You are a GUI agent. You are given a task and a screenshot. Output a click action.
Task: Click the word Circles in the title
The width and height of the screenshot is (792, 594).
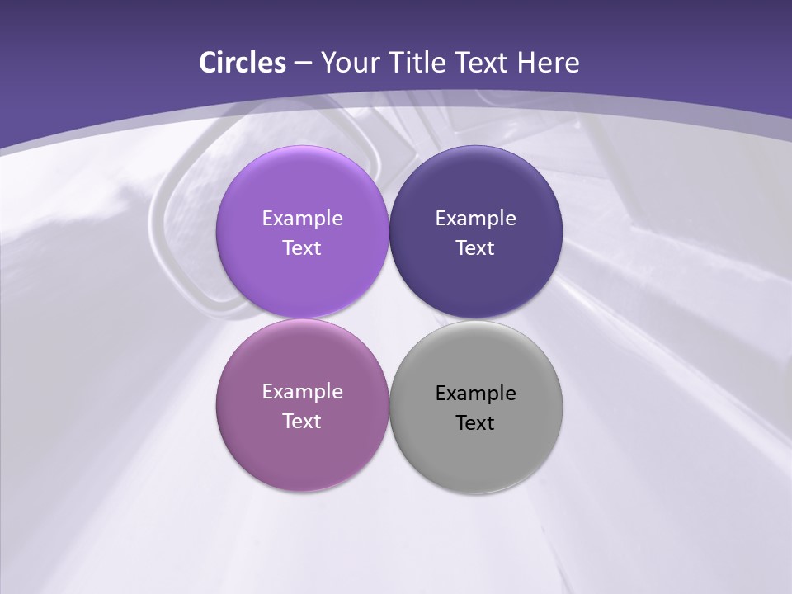[243, 63]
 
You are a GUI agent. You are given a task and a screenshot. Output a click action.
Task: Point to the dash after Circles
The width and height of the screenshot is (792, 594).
[303, 64]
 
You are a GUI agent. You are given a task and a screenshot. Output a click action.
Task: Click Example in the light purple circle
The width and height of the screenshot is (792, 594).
[302, 219]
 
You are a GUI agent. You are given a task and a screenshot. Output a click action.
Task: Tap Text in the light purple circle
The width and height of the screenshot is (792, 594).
[302, 248]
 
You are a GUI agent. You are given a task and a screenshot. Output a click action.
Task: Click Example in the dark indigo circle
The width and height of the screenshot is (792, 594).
[476, 219]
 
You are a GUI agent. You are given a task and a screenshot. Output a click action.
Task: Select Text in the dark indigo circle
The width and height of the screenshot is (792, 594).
[476, 248]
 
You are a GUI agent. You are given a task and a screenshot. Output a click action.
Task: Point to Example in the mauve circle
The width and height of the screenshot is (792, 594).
[302, 392]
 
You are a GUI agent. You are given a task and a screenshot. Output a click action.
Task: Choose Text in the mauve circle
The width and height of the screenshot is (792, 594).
[302, 422]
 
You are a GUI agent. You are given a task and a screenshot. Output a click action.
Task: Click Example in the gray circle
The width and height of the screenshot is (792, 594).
[476, 394]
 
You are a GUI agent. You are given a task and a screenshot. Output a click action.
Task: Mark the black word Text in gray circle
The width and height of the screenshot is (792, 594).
[476, 423]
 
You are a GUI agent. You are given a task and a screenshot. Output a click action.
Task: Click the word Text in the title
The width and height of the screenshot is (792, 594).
[483, 63]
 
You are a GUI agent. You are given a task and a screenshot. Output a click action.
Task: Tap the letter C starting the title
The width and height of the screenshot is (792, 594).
[207, 63]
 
